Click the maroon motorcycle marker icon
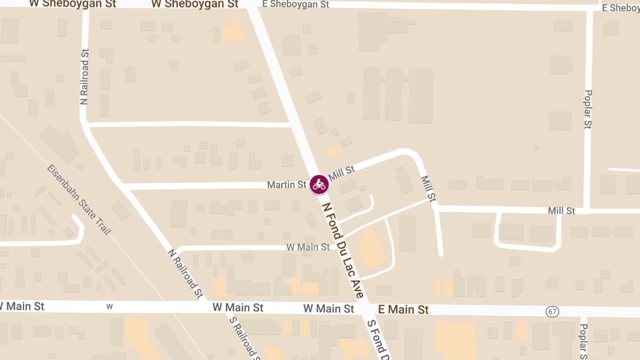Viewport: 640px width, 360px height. pyautogui.click(x=319, y=184)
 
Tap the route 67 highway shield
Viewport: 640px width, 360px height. pyautogui.click(x=552, y=311)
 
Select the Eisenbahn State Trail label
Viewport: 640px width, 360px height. pyautogui.click(x=78, y=199)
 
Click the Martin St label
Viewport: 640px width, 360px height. pyautogui.click(x=286, y=185)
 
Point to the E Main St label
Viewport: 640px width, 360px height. pyautogui.click(x=403, y=309)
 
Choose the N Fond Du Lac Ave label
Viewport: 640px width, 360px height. pyautogui.click(x=343, y=250)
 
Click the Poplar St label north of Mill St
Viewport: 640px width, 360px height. pyautogui.click(x=588, y=109)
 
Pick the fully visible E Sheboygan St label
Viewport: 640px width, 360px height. pyautogui.click(x=296, y=4)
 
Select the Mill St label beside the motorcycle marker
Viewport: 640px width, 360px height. pyautogui.click(x=341, y=173)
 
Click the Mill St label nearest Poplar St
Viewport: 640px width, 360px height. pyautogui.click(x=561, y=211)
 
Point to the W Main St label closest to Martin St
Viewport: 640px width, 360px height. pyautogui.click(x=308, y=247)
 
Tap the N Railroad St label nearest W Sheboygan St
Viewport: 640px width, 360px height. pyautogui.click(x=84, y=77)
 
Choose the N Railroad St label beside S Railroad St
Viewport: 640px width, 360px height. pyautogui.click(x=186, y=274)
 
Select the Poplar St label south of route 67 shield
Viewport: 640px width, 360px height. pyautogui.click(x=583, y=341)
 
